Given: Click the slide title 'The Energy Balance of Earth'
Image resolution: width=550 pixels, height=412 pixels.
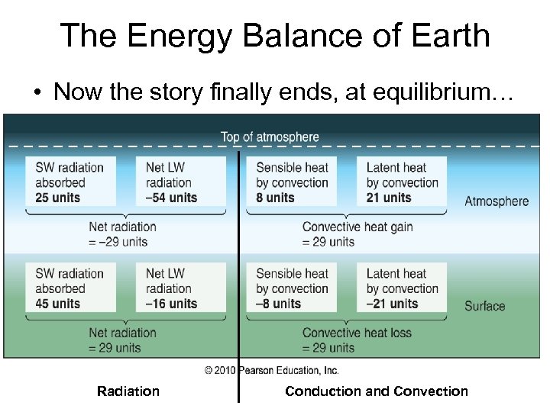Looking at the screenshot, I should click(x=275, y=35).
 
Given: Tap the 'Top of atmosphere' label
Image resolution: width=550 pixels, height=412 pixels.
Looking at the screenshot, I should click(x=270, y=137).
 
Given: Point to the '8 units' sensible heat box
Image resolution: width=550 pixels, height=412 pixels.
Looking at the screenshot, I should click(x=293, y=182).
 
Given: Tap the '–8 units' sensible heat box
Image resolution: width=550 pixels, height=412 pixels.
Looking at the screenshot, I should click(x=293, y=288).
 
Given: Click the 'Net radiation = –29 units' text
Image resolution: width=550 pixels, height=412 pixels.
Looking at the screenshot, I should click(x=122, y=234).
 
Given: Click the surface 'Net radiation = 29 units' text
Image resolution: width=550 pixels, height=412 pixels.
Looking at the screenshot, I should click(x=122, y=340).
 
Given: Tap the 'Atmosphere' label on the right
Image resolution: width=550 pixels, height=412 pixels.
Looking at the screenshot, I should click(x=497, y=201).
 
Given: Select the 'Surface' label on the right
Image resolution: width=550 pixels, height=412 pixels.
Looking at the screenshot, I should click(x=485, y=306).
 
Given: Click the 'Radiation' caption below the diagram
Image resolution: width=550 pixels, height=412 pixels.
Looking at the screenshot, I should click(x=128, y=391).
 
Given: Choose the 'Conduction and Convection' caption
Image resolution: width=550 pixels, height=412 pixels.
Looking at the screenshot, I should click(x=377, y=391).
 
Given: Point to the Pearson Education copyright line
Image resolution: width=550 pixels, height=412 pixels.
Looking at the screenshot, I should click(x=271, y=370).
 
